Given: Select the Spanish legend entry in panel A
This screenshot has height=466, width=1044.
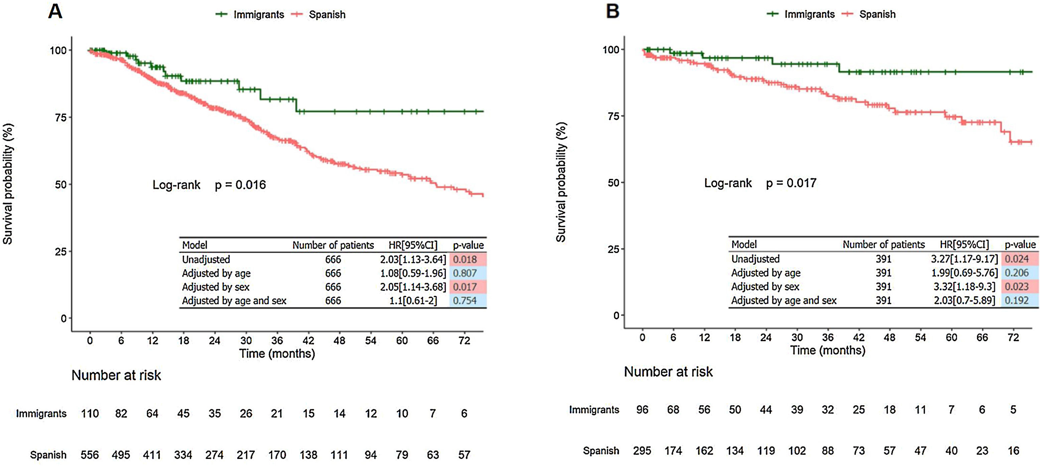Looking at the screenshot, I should click(x=327, y=15).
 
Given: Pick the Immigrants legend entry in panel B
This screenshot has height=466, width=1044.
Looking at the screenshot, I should click(x=809, y=14).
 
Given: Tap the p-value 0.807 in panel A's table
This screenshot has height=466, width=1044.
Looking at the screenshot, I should click(x=464, y=273).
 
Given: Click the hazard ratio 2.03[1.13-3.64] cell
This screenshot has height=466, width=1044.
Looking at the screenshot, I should click(x=413, y=259).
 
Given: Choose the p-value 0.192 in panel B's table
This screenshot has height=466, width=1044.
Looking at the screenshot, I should click(x=1017, y=300).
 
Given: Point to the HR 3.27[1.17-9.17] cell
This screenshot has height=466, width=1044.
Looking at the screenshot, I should click(x=964, y=259).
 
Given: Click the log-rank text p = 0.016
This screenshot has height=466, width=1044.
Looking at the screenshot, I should click(x=240, y=185).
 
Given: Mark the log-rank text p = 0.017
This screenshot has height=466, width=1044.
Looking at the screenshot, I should click(x=791, y=183).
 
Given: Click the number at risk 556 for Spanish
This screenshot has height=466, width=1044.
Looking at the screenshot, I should click(x=90, y=455).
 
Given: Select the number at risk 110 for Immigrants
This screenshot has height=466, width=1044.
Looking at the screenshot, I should click(x=90, y=413).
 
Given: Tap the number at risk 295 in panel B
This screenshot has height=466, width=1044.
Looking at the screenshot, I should click(x=642, y=451).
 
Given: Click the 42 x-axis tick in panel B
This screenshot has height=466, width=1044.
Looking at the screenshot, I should click(x=858, y=337).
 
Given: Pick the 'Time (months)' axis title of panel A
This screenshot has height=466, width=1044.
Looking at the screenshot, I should click(x=277, y=354).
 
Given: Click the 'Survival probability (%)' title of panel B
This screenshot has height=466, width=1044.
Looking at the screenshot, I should click(x=561, y=182).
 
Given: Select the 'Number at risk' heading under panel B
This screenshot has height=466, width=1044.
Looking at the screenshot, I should click(x=668, y=372).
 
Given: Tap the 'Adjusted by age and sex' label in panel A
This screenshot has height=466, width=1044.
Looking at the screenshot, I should click(x=234, y=301).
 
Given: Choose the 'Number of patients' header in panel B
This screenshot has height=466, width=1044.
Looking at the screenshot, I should click(x=884, y=245).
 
